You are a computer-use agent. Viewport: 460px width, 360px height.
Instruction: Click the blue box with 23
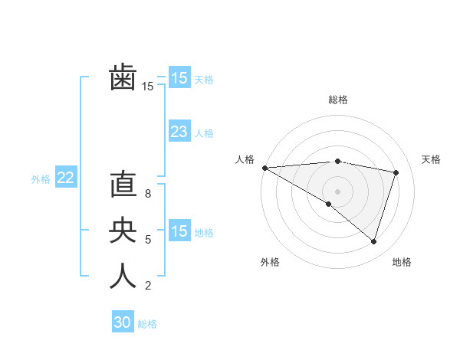pos(179,132)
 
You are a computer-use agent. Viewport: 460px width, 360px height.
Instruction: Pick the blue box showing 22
pos(65,178)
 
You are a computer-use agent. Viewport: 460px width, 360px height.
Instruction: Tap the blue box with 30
pos(122,322)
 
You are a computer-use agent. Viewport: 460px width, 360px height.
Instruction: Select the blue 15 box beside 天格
pos(179,78)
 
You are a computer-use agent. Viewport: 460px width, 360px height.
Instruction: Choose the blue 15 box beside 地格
pos(179,231)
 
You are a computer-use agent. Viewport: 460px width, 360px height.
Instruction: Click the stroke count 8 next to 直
pos(148,194)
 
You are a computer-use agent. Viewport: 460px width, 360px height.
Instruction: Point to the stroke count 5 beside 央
pos(148,240)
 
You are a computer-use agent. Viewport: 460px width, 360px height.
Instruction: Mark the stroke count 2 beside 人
pos(148,286)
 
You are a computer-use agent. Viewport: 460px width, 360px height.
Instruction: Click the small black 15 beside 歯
pos(148,87)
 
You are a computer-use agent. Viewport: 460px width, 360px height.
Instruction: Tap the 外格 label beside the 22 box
pos(41,179)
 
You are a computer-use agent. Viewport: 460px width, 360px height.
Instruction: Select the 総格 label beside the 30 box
pos(147,324)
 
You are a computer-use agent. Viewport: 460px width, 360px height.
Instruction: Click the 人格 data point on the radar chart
pos(264,168)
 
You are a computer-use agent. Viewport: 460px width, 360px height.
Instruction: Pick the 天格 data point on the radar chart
pos(396,172)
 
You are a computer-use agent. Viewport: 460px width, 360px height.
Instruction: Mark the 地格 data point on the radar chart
pos(373,241)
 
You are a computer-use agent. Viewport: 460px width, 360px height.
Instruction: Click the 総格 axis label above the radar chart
pos(338,100)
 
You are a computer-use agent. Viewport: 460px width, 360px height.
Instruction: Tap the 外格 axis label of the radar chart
pos(270,262)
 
